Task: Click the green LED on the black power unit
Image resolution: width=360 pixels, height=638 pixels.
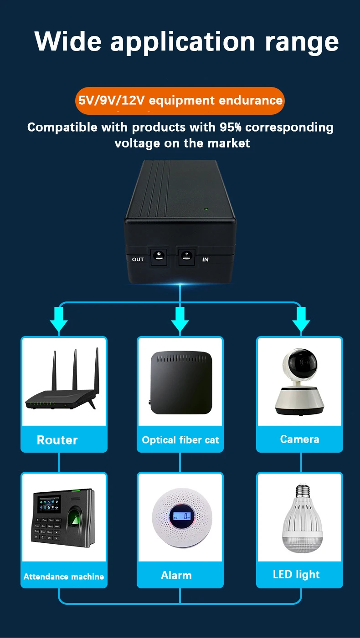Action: click(206, 210)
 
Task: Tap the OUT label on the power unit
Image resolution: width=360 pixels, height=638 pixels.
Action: click(138, 260)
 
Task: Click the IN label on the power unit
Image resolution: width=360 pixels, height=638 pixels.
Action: click(205, 260)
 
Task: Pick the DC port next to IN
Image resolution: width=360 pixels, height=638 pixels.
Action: click(186, 256)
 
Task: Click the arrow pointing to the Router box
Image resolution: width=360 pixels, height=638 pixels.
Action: click(59, 319)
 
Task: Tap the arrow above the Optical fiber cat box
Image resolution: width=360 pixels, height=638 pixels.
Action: click(180, 319)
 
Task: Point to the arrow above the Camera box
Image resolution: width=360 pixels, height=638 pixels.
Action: click(301, 319)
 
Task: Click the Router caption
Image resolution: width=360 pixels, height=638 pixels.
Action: click(57, 440)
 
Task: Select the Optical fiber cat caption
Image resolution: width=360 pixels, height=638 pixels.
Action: click(180, 440)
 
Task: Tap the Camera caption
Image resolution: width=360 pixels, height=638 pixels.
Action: click(299, 439)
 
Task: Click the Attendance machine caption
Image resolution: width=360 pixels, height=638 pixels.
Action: click(64, 577)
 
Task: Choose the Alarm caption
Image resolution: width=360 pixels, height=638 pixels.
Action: click(176, 575)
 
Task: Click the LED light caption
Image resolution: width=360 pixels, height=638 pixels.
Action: click(296, 574)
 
